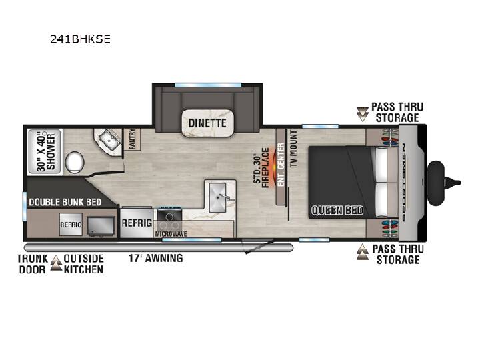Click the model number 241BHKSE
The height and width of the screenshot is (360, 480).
[80, 39]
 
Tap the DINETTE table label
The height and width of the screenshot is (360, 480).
[207, 123]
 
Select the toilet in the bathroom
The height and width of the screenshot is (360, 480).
[75, 162]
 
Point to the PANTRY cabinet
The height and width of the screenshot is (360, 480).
[132, 139]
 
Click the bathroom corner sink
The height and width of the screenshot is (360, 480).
[109, 140]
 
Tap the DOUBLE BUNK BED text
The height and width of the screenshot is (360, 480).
[65, 202]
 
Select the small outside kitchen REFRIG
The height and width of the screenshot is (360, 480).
[71, 225]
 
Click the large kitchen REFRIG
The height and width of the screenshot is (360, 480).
[137, 223]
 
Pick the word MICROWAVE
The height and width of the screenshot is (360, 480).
[171, 234]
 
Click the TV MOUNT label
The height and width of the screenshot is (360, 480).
[293, 148]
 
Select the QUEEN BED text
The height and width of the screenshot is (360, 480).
[337, 210]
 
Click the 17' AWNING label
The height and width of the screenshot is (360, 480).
[155, 258]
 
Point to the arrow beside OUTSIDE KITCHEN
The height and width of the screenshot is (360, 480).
[56, 263]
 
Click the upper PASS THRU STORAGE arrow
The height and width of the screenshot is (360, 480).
[363, 114]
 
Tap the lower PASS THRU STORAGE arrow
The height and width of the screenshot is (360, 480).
[363, 252]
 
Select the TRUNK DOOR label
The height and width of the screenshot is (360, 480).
[33, 264]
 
